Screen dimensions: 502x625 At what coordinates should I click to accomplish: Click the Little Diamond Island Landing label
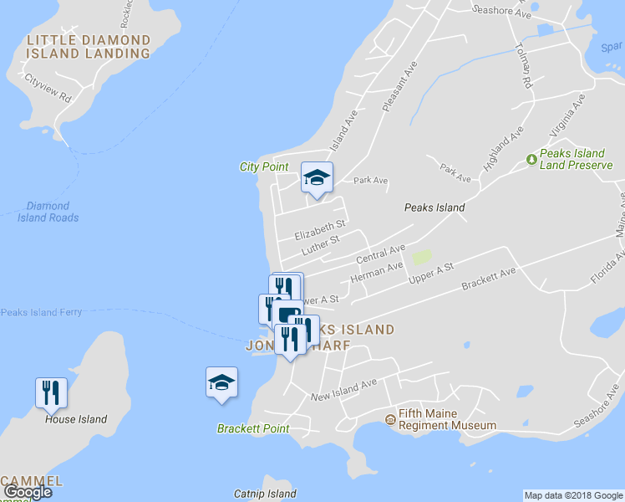coord(89,47)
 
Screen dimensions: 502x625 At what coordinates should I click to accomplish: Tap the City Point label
coord(264,167)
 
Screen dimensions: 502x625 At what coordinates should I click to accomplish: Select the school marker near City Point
coord(317,177)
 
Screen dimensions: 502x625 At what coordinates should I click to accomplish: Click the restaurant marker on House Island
coord(51,392)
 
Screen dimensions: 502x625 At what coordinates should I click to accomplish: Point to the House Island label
coord(76,419)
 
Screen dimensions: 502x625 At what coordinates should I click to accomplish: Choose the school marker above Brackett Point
coord(221,382)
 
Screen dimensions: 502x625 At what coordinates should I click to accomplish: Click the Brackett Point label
coord(253,429)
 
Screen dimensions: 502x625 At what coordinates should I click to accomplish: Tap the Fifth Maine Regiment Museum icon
coord(389,418)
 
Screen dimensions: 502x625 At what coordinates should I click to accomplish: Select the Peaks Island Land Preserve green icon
coord(531,159)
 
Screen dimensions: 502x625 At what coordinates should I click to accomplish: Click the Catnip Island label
coord(265,494)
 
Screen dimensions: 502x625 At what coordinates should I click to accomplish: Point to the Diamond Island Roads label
coord(48,212)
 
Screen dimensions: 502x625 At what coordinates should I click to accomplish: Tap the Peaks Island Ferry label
coord(41,312)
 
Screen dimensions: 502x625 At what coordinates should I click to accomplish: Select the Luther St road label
coord(320,245)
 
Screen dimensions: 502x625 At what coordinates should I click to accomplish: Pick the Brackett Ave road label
coord(489,280)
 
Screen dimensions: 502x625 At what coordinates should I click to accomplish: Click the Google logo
coord(27,492)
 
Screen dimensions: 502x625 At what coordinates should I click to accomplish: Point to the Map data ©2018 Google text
coord(573,495)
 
